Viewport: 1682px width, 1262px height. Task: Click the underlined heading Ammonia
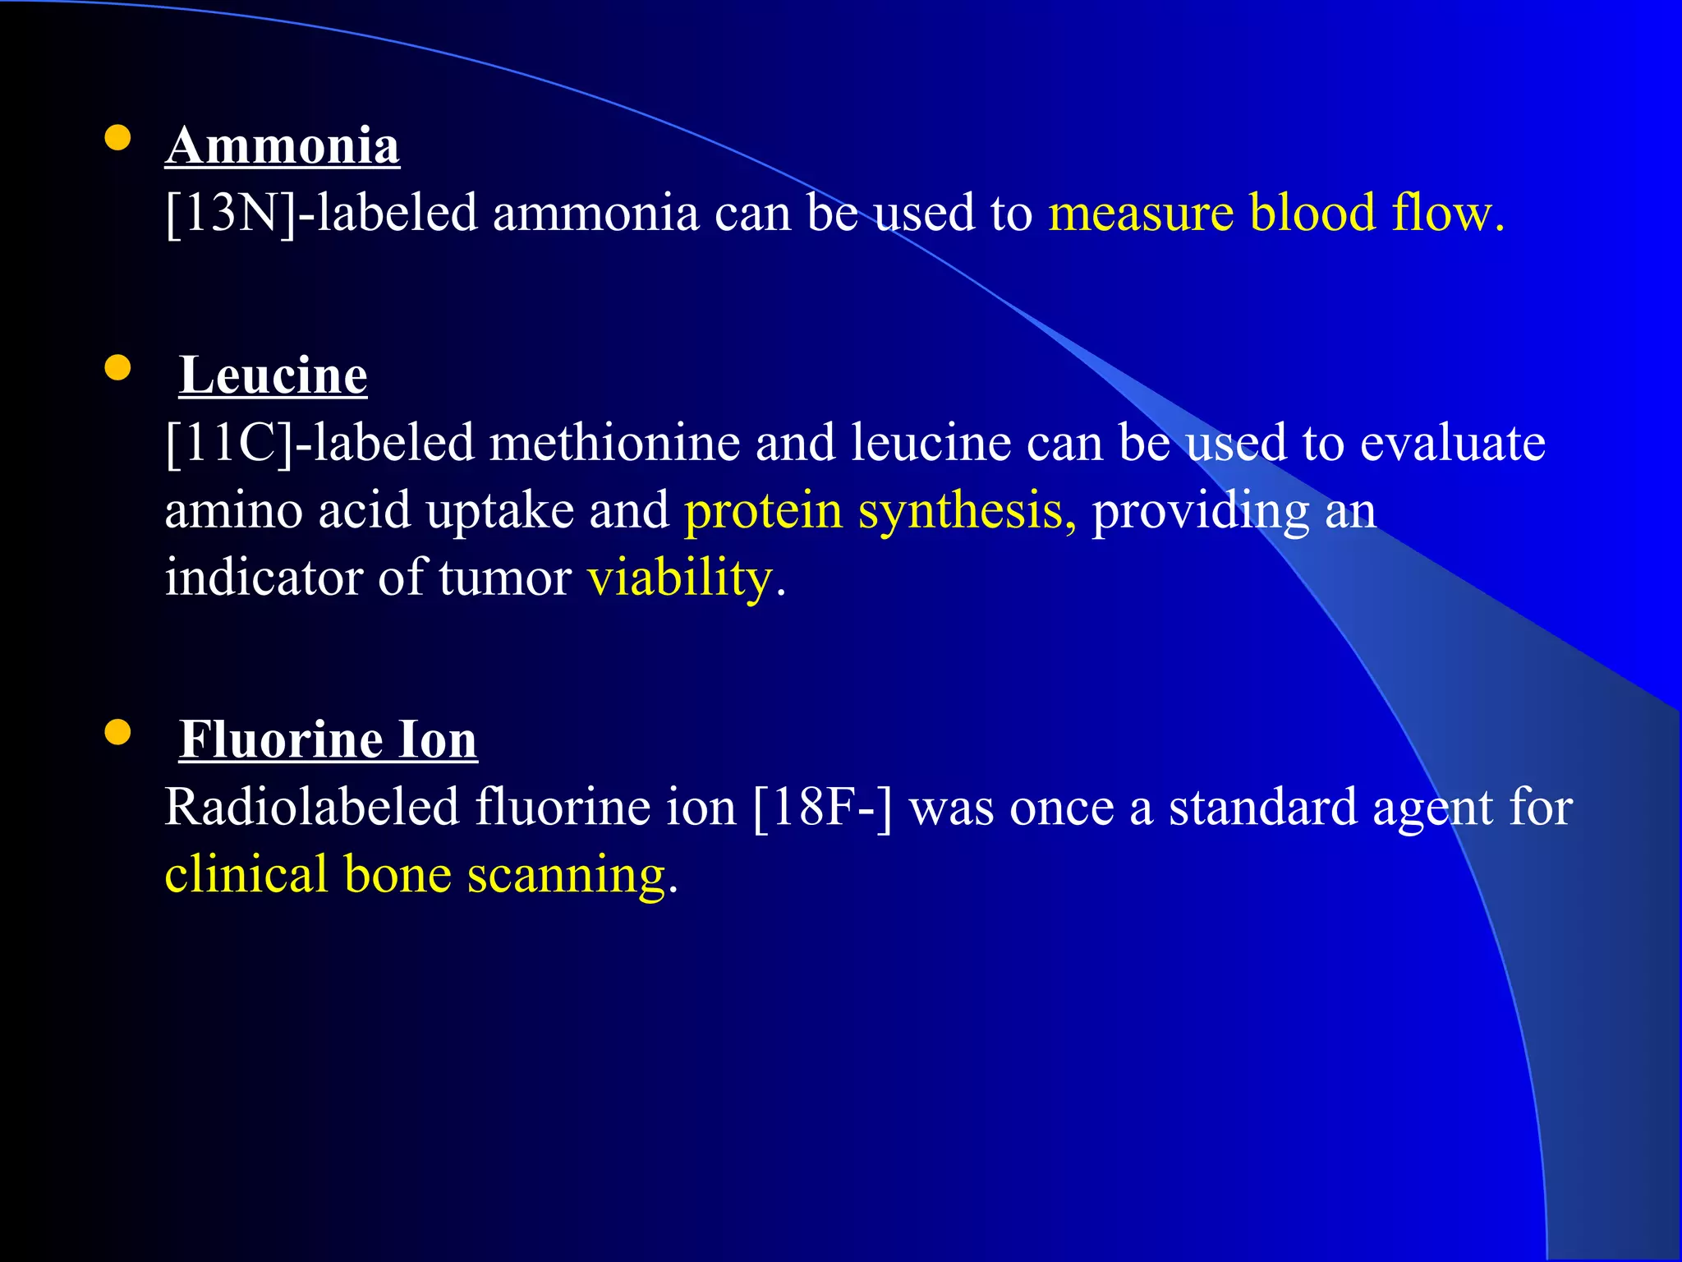[282, 146]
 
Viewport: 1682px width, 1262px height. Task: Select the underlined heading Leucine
[273, 375]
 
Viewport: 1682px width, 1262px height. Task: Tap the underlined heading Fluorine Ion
[328, 739]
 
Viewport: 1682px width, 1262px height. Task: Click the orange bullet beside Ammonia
[118, 138]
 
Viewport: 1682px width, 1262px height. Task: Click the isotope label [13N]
[231, 213]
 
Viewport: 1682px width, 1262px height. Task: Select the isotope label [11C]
[229, 443]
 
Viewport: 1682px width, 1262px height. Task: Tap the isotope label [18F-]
[822, 808]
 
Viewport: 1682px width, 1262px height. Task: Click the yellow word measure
[1141, 213]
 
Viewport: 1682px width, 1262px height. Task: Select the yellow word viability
[680, 578]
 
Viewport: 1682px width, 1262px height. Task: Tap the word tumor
[504, 578]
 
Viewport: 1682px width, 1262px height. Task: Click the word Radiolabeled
[312, 808]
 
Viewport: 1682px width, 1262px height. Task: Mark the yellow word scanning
[567, 875]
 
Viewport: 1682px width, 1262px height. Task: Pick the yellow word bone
[398, 875]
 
